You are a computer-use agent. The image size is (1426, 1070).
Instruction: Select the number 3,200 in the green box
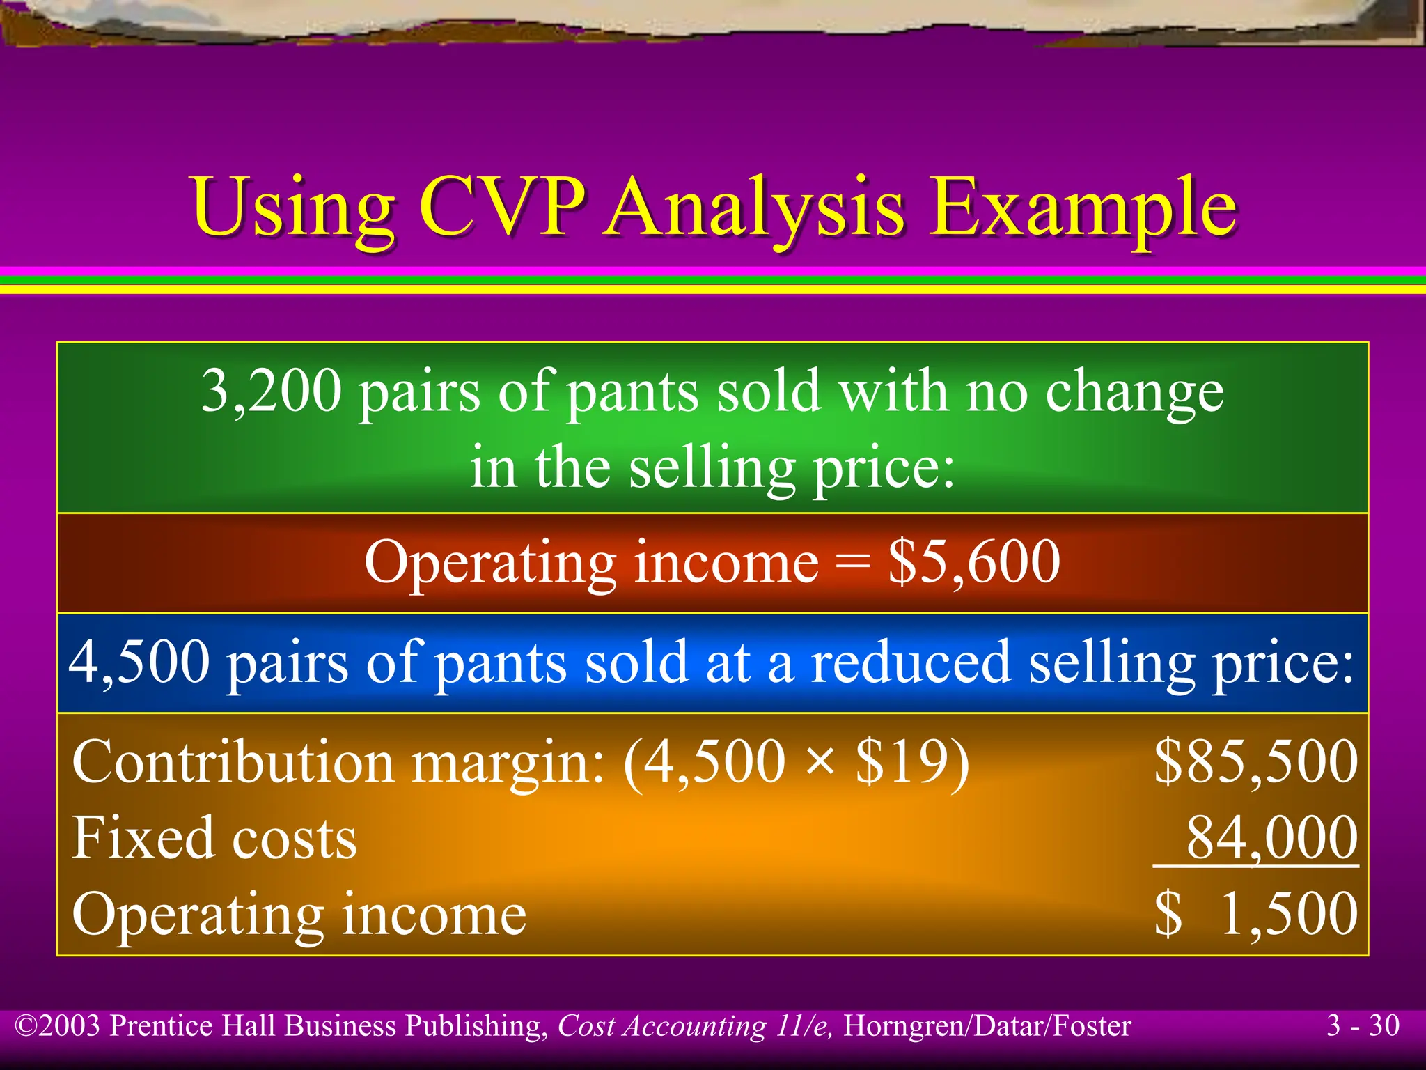(272, 391)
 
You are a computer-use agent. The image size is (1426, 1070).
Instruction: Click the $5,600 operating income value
(973, 561)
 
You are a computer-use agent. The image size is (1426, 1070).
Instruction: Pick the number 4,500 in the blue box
(139, 661)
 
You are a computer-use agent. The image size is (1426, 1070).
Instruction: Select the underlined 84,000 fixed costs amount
(1271, 837)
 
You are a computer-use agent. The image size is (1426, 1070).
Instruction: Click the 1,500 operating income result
(1288, 913)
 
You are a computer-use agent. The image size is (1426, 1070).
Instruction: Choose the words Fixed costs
(214, 837)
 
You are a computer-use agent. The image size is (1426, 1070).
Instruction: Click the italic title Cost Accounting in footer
(661, 1026)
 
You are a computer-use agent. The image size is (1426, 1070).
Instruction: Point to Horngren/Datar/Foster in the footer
(987, 1026)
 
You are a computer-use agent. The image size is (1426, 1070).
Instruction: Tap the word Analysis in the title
(755, 208)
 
